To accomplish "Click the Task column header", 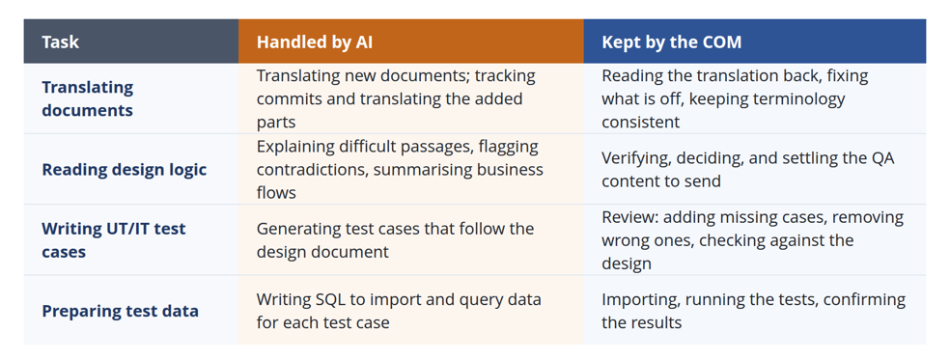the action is point(61,42).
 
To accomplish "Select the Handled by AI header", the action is point(315,42).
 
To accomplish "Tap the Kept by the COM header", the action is point(671,42).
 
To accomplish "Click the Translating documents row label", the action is point(88,98).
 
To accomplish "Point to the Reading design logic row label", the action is point(125,170).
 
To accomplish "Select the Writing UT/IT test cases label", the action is point(114,240).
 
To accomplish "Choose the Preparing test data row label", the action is point(120,311).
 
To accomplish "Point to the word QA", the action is point(882,158).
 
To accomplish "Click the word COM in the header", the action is point(721,42).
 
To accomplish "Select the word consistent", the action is point(640,122).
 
